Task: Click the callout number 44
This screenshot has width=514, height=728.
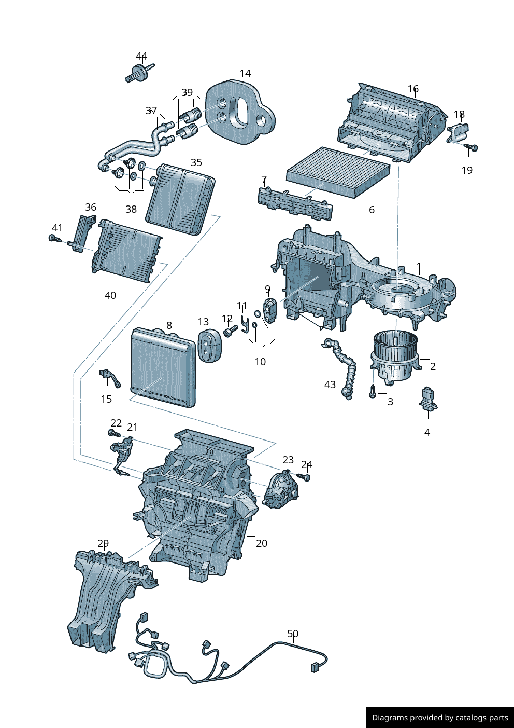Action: click(141, 57)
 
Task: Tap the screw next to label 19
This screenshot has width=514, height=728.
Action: click(470, 148)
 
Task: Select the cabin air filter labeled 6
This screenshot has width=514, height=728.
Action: click(338, 171)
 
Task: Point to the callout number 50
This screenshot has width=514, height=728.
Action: click(293, 634)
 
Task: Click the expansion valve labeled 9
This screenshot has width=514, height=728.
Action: click(270, 310)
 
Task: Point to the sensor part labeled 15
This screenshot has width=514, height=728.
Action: click(110, 377)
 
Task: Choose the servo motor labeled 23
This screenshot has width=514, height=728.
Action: click(280, 489)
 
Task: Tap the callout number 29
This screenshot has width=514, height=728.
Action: click(103, 544)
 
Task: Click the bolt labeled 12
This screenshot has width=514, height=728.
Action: click(230, 330)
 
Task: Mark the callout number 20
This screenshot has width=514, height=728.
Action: click(262, 544)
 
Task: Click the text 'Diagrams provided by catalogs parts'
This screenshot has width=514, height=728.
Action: click(439, 718)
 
